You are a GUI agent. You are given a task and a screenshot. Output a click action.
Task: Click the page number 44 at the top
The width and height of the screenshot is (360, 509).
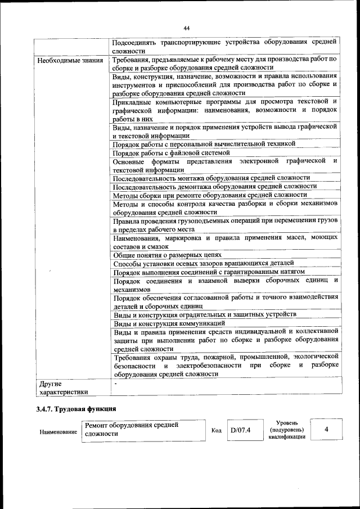(x=186, y=28)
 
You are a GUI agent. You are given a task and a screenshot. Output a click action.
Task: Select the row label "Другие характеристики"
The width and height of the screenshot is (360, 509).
(x=63, y=388)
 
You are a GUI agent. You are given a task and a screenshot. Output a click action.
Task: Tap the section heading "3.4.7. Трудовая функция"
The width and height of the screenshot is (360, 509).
(x=76, y=409)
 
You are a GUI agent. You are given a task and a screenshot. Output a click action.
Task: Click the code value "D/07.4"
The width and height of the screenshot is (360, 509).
(x=240, y=430)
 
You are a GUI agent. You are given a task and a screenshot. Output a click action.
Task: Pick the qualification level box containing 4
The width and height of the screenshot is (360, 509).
(x=326, y=430)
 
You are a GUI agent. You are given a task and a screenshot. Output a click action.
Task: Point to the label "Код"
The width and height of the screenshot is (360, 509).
(x=216, y=431)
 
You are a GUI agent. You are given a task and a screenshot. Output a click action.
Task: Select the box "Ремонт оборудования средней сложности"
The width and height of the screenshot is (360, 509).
(x=143, y=430)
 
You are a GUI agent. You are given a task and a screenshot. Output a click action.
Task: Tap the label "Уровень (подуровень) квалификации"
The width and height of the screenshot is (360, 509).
(x=287, y=430)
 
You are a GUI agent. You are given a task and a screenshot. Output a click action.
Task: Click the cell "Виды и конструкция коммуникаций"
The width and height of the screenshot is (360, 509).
(x=169, y=323)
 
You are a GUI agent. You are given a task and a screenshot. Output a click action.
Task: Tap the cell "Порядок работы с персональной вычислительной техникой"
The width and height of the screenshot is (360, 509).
(x=204, y=144)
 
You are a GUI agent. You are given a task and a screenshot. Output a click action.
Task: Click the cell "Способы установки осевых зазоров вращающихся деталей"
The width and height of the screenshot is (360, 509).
(x=203, y=263)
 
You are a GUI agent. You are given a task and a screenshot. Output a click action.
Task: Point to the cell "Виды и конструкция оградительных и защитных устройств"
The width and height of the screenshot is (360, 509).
(x=205, y=315)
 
